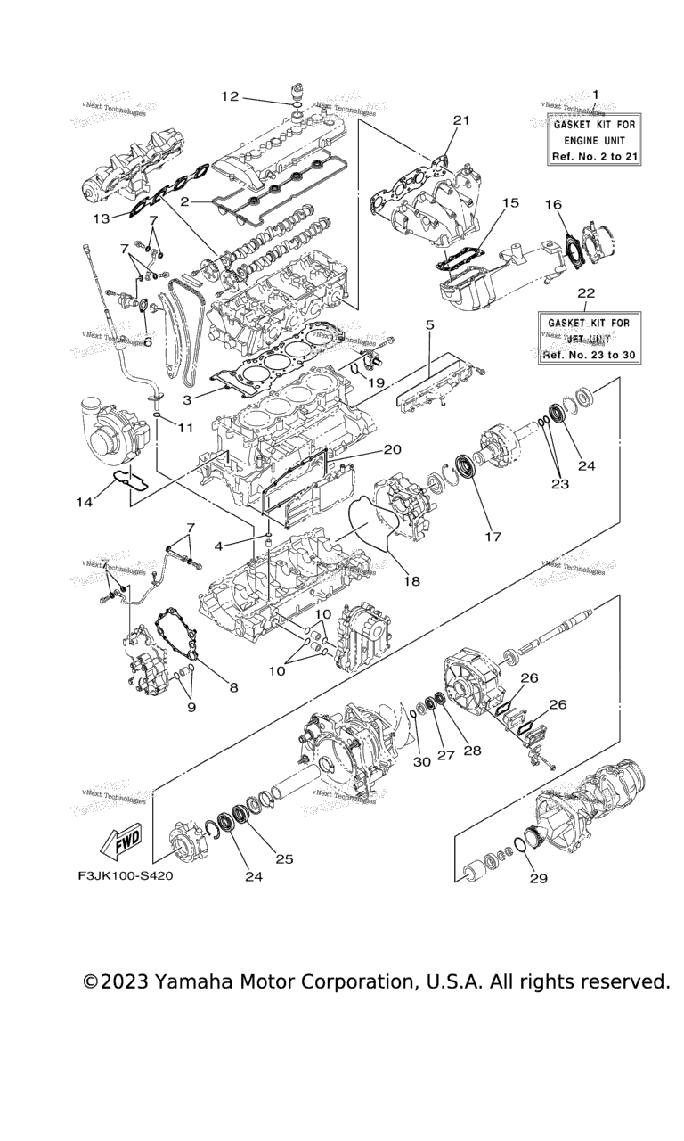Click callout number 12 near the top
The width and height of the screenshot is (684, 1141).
coord(230,96)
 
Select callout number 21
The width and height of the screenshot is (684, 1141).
coord(460,120)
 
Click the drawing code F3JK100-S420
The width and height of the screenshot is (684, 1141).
coord(125,875)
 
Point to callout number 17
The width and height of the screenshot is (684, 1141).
coord(493,537)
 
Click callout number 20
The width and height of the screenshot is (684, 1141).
coord(393,449)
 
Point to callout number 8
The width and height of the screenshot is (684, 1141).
coord(233,687)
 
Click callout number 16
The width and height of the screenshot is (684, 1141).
coord(554,205)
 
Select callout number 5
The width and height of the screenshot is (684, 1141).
coord(429,326)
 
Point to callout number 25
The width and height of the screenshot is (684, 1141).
coord(284,859)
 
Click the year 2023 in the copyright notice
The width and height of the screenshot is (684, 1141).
coord(124,981)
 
